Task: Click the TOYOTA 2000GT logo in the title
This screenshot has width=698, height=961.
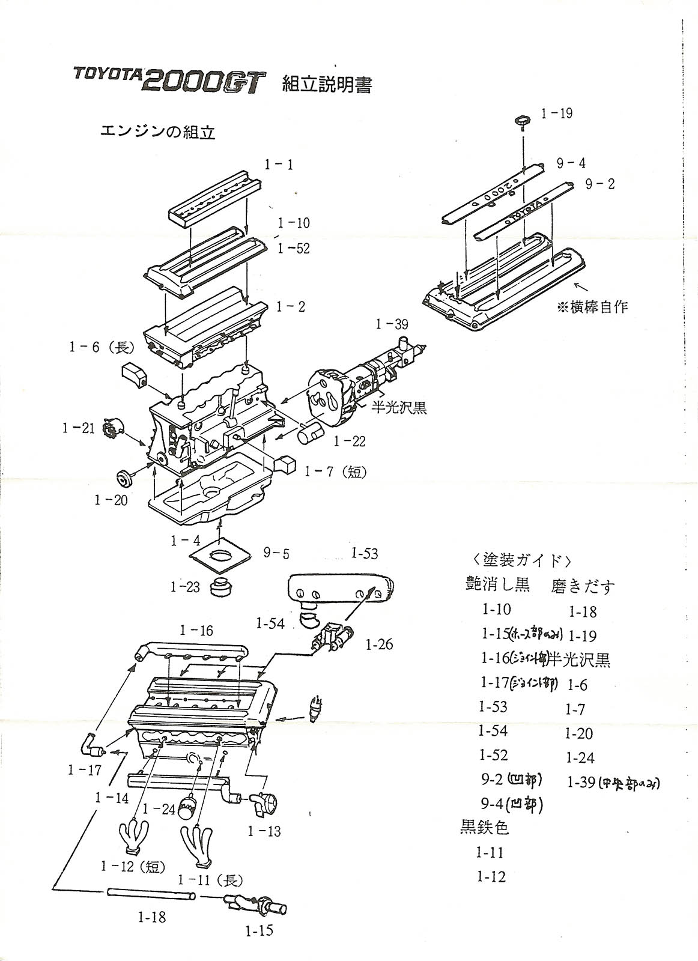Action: pyautogui.click(x=169, y=80)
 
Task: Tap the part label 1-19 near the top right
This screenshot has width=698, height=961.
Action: pyautogui.click(x=556, y=113)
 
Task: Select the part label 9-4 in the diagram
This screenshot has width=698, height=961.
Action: pyautogui.click(x=571, y=163)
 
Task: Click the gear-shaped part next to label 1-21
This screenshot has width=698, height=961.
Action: pyautogui.click(x=112, y=427)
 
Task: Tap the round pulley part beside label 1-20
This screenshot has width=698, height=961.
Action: pyautogui.click(x=125, y=479)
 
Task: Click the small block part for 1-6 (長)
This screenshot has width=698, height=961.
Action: pyautogui.click(x=135, y=375)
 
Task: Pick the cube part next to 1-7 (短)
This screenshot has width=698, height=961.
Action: pyautogui.click(x=286, y=464)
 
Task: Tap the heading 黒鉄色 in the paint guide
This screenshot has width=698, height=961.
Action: pyautogui.click(x=485, y=828)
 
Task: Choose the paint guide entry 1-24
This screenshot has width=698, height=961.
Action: pyautogui.click(x=580, y=758)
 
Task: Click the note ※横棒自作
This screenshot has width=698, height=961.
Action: pyautogui.click(x=592, y=307)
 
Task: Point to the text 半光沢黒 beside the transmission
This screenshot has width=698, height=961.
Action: pyautogui.click(x=399, y=407)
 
